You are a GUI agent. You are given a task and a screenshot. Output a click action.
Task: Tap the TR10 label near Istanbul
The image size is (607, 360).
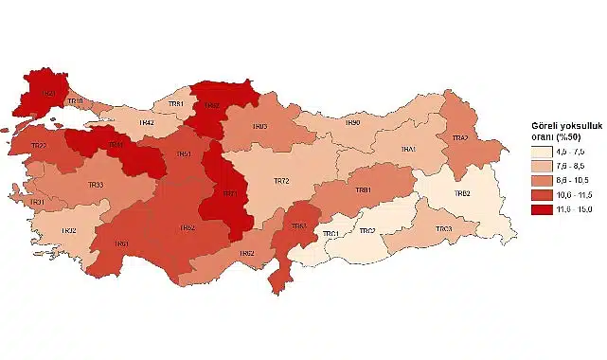(x=77, y=101)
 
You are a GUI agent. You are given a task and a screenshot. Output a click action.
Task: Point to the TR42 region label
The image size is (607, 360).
(x=147, y=123)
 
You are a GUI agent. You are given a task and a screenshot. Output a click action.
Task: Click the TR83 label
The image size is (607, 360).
(x=259, y=126)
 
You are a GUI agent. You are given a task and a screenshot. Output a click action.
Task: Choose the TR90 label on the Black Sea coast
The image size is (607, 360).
(x=352, y=122)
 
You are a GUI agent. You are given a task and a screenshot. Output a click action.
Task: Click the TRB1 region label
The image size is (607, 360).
(x=363, y=190)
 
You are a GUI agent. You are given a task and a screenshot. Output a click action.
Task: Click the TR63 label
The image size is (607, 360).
(x=298, y=226)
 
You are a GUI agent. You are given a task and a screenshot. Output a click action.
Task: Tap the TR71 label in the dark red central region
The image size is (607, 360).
(x=230, y=193)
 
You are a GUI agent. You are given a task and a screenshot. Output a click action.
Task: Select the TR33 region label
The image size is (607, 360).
(x=96, y=185)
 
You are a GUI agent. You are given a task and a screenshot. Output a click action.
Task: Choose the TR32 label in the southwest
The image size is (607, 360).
(x=69, y=231)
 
